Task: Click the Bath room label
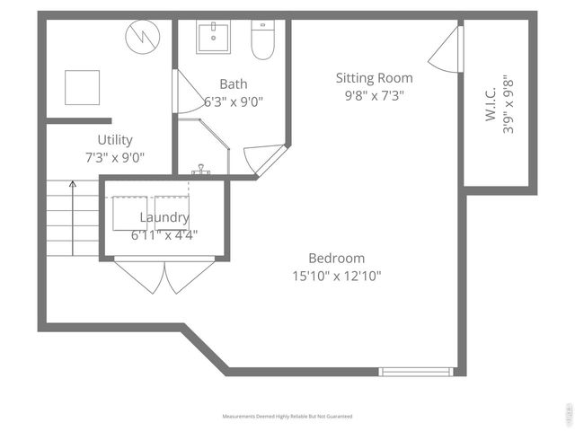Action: click(x=233, y=84)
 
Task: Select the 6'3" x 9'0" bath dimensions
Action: click(x=233, y=101)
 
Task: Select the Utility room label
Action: click(x=115, y=140)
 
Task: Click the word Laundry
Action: click(x=164, y=217)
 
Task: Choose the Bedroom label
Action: click(x=336, y=258)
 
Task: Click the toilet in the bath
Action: click(x=262, y=40)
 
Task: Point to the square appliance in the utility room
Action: click(x=83, y=87)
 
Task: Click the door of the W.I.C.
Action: click(x=447, y=50)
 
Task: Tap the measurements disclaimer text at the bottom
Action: click(x=287, y=417)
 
